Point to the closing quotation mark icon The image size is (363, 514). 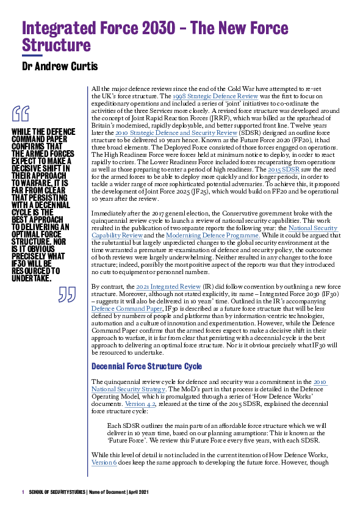(x=66, y=295)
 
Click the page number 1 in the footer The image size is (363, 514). (x=22, y=491)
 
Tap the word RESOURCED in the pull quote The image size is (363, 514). (x=32, y=270)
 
